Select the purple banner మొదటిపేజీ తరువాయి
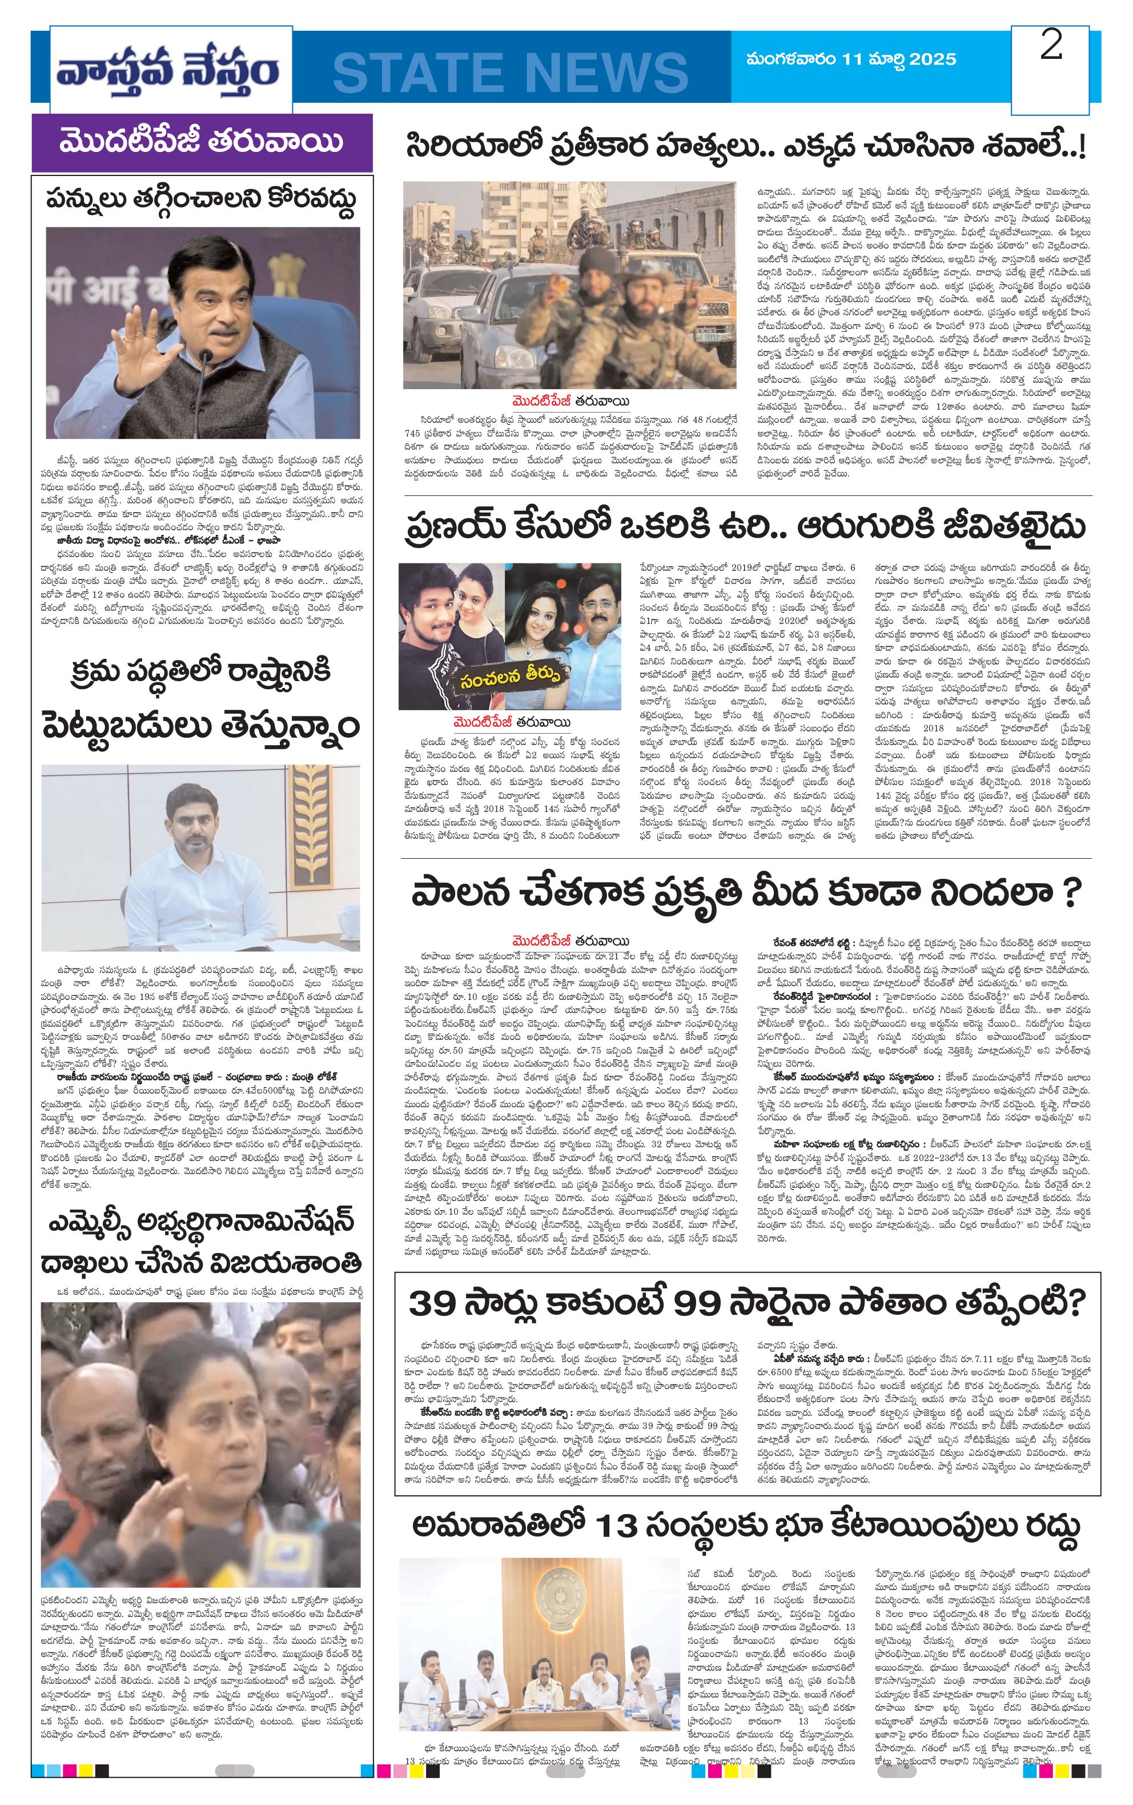click(202, 142)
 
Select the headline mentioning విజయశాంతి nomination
click(202, 1241)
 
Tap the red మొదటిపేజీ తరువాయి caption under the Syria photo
click(571, 401)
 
